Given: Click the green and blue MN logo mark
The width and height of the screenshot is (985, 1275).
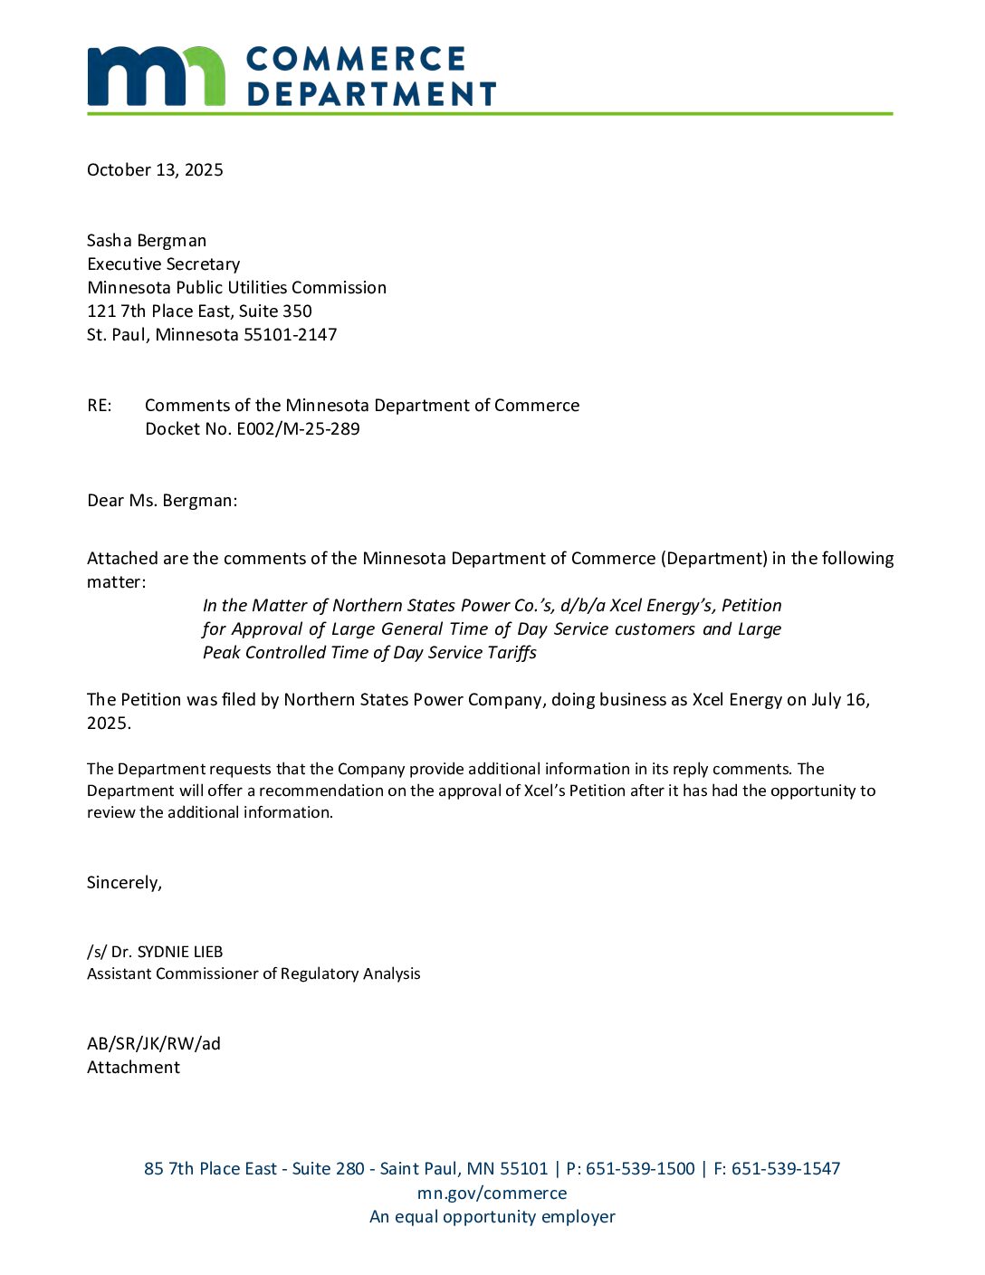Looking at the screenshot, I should point(156,76).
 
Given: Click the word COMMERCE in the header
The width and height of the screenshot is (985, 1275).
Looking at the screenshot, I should point(356,60).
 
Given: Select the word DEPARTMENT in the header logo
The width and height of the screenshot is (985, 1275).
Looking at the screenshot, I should point(371,94).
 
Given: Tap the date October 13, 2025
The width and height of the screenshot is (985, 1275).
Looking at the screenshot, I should point(155,170).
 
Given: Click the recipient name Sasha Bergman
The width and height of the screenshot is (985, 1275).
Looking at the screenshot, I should point(147,241).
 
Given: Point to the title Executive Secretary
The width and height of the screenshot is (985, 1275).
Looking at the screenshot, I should point(164,264).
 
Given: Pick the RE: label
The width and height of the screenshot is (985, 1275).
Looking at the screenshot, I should point(100,406).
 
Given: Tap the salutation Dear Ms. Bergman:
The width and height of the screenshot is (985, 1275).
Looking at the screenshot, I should point(162,501).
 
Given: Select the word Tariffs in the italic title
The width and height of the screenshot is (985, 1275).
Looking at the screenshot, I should point(512,653).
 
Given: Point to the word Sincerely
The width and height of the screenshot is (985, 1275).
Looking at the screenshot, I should point(124,883).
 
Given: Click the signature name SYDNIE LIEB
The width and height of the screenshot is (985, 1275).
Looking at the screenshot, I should point(180,952).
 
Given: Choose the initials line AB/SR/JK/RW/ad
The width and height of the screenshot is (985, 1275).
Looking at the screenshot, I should point(154,1044).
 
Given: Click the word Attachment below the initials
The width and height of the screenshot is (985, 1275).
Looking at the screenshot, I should point(133,1068).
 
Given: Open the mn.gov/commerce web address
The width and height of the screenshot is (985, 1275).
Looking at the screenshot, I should point(492,1194).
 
